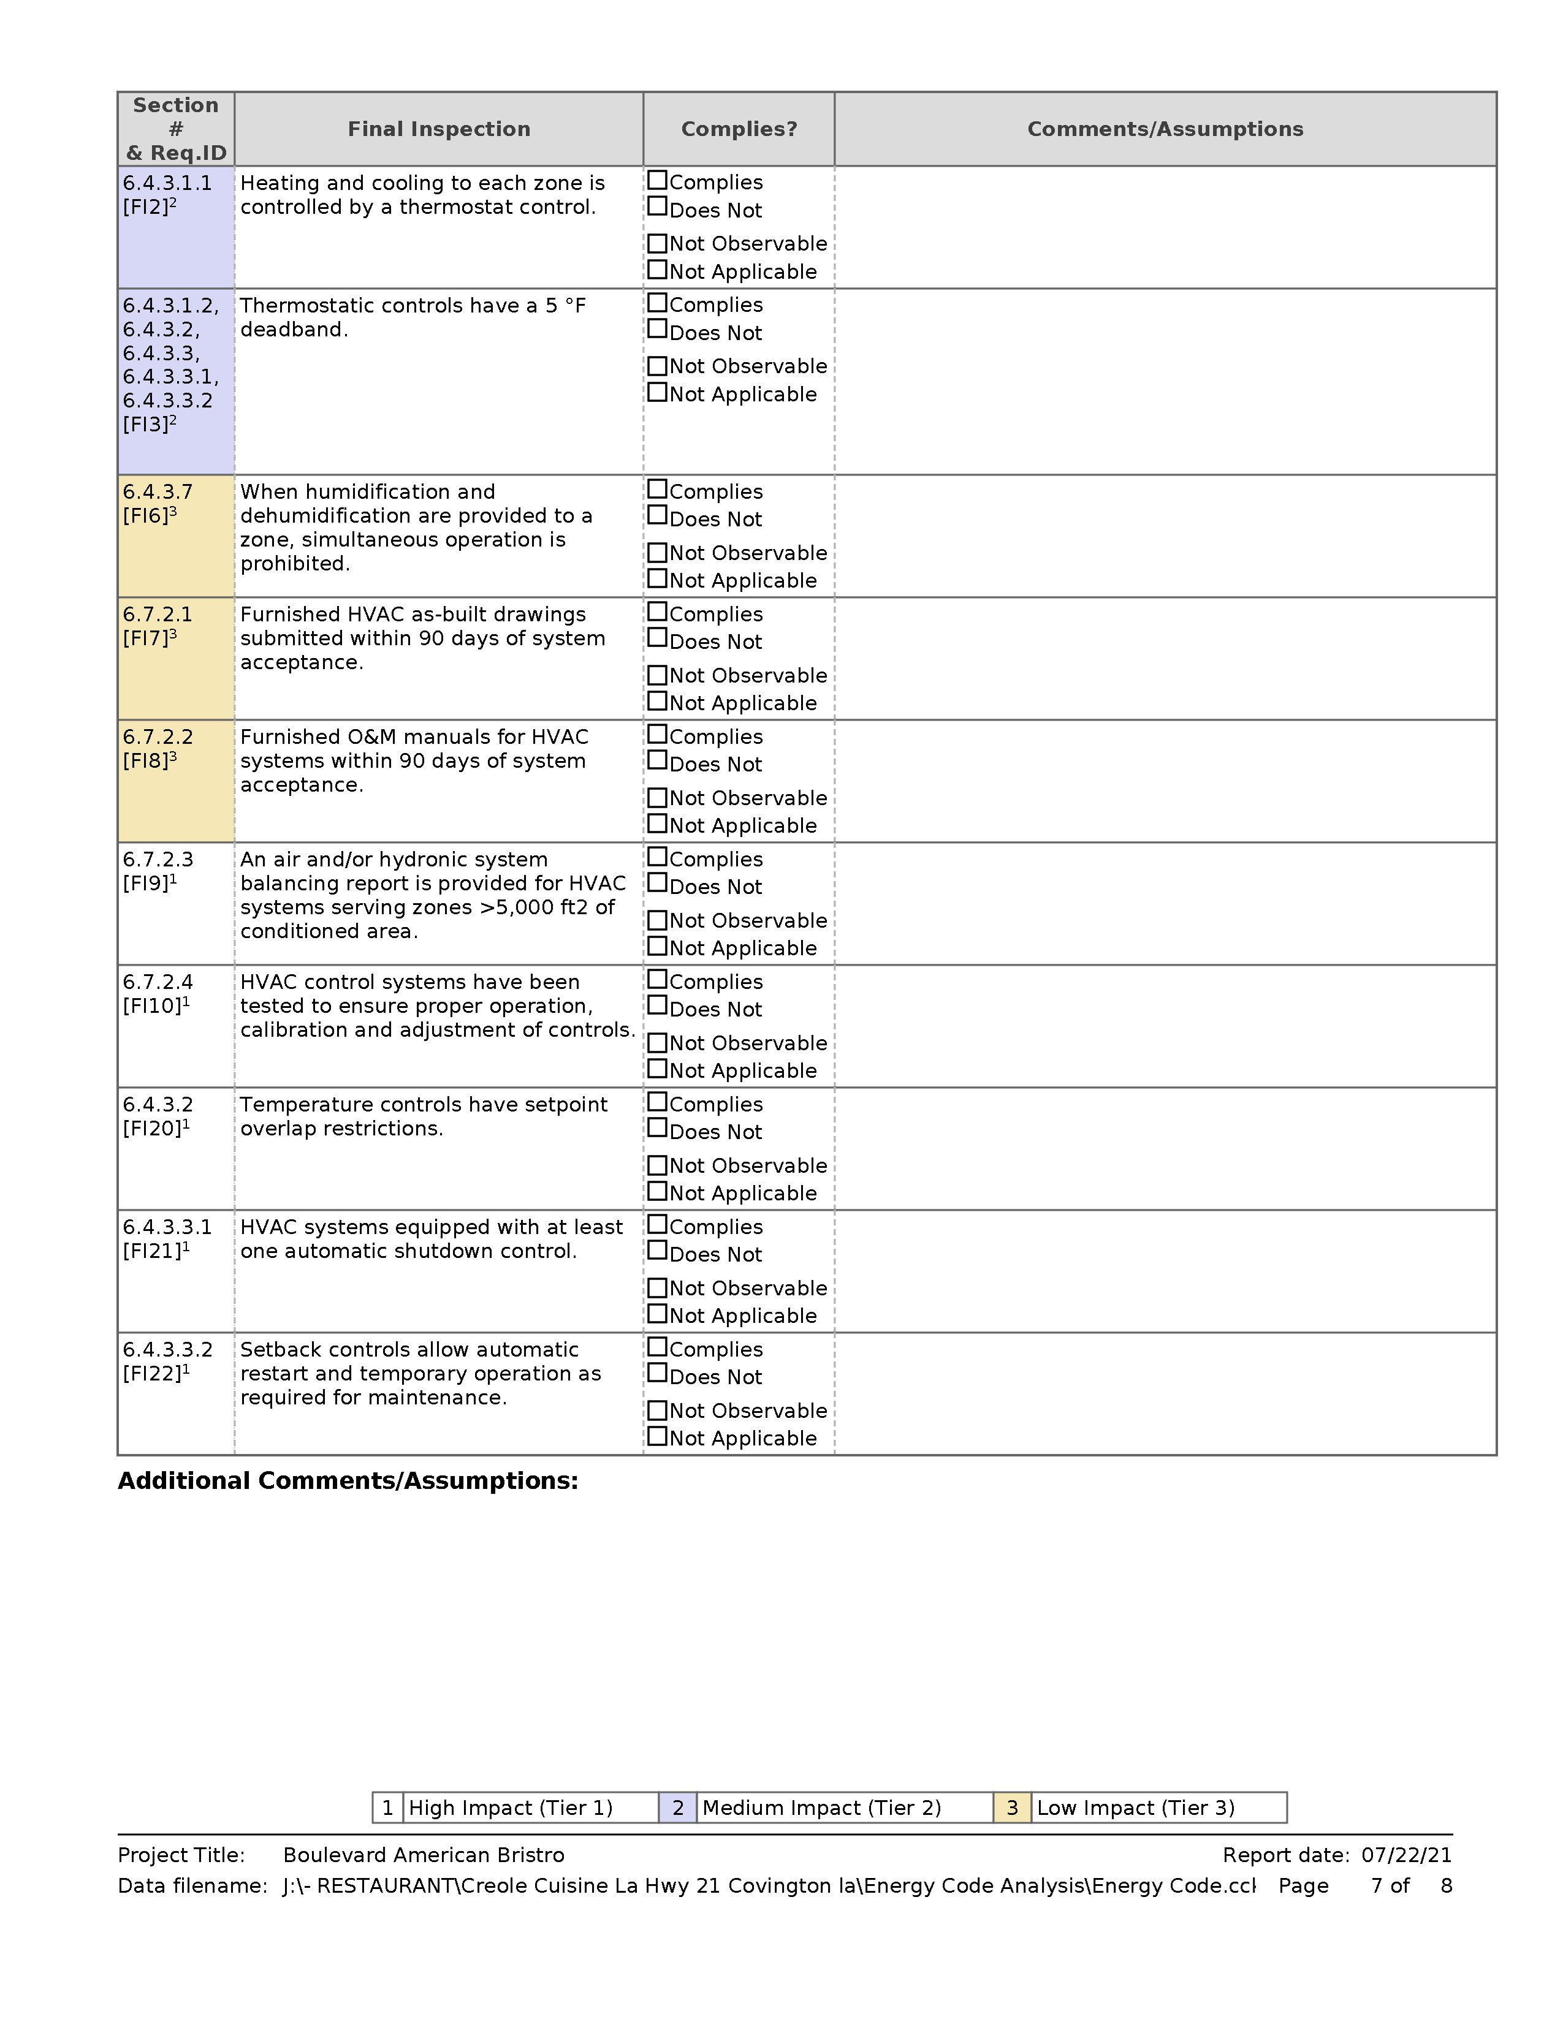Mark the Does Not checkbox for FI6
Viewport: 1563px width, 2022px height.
tap(658, 516)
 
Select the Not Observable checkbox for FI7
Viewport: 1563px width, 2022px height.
tap(658, 675)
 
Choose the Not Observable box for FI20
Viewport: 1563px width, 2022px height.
tap(658, 1165)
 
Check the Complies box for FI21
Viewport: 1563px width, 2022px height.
tap(658, 1224)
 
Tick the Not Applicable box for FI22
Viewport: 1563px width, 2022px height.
tap(658, 1436)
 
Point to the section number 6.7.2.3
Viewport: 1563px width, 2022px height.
tap(158, 859)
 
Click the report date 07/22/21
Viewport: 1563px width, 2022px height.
tap(1407, 1855)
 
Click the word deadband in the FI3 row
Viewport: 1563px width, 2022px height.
tap(294, 330)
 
